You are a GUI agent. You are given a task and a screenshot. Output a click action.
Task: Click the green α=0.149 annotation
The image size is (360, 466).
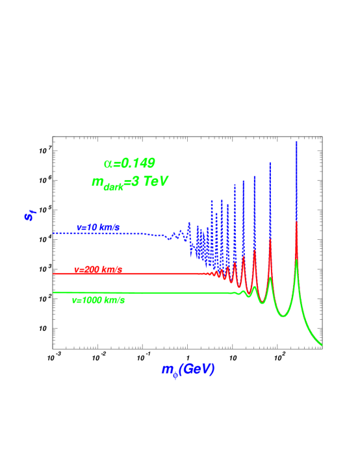129,164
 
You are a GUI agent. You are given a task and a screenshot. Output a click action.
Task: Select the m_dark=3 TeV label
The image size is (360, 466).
130,182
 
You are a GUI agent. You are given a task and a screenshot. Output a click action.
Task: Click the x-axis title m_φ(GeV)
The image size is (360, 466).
188,370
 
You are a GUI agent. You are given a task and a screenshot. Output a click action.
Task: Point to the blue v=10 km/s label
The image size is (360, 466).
98,227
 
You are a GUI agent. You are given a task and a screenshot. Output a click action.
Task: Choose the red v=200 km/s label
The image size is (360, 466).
98,270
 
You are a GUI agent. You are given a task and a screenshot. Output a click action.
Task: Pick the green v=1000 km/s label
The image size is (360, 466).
98,300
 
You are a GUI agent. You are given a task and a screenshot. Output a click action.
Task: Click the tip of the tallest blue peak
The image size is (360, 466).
296,142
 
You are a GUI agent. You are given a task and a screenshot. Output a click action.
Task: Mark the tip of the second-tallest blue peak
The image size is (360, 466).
270,162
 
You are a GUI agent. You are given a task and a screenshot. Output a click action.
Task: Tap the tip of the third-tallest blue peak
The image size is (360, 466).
254,175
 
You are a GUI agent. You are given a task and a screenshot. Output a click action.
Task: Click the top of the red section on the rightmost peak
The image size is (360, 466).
296,222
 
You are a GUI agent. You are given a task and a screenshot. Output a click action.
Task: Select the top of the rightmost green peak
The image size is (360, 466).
296,260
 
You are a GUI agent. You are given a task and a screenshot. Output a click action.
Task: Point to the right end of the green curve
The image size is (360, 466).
322,345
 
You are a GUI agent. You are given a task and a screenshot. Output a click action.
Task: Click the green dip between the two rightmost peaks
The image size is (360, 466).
283,316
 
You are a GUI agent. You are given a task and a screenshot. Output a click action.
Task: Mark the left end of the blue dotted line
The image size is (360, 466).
54,233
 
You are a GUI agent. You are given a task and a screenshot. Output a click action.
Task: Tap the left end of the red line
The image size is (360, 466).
54,274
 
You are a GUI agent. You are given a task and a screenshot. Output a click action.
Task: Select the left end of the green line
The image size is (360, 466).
54,292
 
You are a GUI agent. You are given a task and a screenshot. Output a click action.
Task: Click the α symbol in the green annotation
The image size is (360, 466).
108,164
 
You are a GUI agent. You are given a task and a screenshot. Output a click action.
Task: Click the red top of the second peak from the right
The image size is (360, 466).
270,240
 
